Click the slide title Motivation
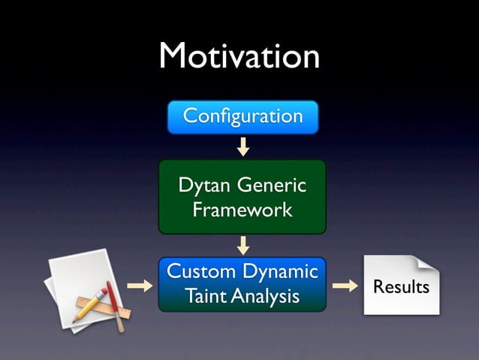(239, 56)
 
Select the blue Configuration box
(243, 117)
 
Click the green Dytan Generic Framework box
(242, 196)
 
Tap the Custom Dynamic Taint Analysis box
(242, 284)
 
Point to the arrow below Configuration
(243, 146)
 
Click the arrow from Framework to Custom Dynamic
(243, 245)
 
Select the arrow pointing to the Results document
(345, 286)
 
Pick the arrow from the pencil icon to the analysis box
(139, 286)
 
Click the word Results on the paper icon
(401, 287)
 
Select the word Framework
(242, 210)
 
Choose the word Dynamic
(279, 271)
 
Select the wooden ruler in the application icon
(101, 309)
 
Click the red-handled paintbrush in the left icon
(113, 304)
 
